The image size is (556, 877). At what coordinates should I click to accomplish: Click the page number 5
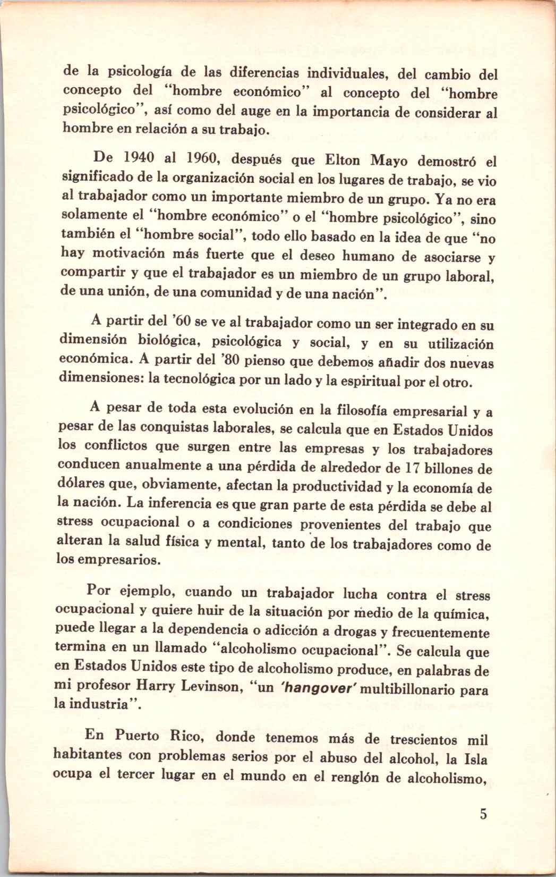coord(483,814)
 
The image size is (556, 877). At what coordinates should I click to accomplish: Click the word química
coord(463,614)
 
